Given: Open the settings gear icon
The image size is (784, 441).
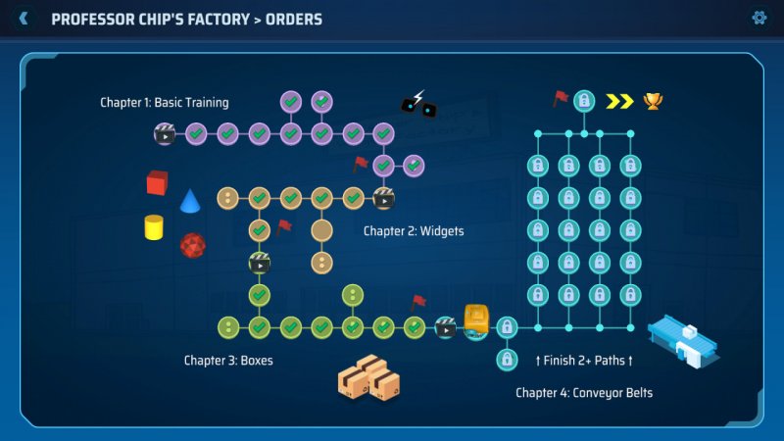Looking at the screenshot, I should click(759, 18).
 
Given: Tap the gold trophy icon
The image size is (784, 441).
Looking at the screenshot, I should click(652, 100).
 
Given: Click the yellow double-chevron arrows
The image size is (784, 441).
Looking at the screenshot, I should click(619, 101).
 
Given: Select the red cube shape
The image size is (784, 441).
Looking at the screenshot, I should click(157, 182).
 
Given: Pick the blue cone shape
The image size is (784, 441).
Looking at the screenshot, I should click(190, 202).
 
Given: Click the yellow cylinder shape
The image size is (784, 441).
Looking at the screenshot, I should click(154, 227).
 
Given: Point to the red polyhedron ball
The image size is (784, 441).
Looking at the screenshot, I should click(192, 245).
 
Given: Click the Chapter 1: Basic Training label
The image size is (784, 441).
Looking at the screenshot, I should click(165, 103).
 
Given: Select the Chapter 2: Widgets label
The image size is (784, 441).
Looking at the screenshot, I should click(414, 231).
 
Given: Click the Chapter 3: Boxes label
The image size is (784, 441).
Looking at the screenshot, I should click(228, 361).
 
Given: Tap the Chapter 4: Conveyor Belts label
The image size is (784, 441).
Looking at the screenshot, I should click(584, 393).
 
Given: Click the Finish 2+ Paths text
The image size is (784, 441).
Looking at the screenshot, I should click(584, 361).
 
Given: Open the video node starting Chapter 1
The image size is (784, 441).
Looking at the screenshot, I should click(165, 133).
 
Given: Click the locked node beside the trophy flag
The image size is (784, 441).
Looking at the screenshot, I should click(584, 100).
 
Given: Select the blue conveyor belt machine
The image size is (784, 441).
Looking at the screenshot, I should click(683, 341).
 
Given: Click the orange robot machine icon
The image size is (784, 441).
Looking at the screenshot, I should click(476, 319).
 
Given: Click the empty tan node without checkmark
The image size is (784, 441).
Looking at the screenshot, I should click(321, 230).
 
